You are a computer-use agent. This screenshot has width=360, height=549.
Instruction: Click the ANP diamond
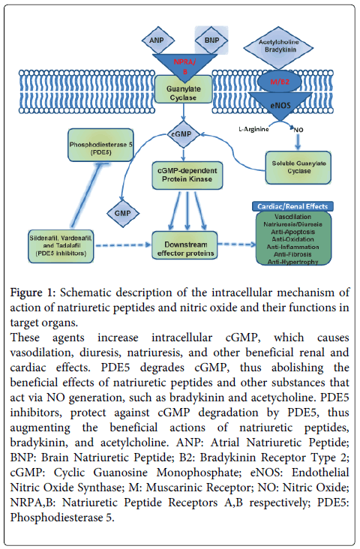[x=157, y=40]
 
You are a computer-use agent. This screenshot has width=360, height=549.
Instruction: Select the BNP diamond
[x=211, y=40]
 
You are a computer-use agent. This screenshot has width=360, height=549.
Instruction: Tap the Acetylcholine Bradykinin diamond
[x=278, y=47]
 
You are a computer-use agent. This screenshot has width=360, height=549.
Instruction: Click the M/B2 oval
[x=280, y=82]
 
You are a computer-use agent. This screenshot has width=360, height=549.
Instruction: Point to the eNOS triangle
[x=280, y=105]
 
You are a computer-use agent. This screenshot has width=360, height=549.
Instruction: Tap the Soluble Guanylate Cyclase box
[x=298, y=167]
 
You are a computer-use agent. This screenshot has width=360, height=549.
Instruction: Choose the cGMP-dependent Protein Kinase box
[x=187, y=175]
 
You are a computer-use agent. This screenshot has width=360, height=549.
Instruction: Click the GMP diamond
[x=122, y=213]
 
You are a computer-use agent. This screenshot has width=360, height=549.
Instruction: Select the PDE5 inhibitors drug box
[x=61, y=246]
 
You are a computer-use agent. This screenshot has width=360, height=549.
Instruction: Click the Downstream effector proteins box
[x=185, y=245]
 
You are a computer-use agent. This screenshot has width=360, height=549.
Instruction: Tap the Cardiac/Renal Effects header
[x=292, y=206]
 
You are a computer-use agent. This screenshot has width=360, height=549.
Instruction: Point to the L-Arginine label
[x=253, y=129]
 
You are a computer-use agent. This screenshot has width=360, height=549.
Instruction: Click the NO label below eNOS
[x=298, y=130]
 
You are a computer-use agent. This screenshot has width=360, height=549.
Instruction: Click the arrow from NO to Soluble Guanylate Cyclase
[x=298, y=142]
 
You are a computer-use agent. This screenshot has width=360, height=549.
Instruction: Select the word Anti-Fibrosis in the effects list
[x=292, y=254]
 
